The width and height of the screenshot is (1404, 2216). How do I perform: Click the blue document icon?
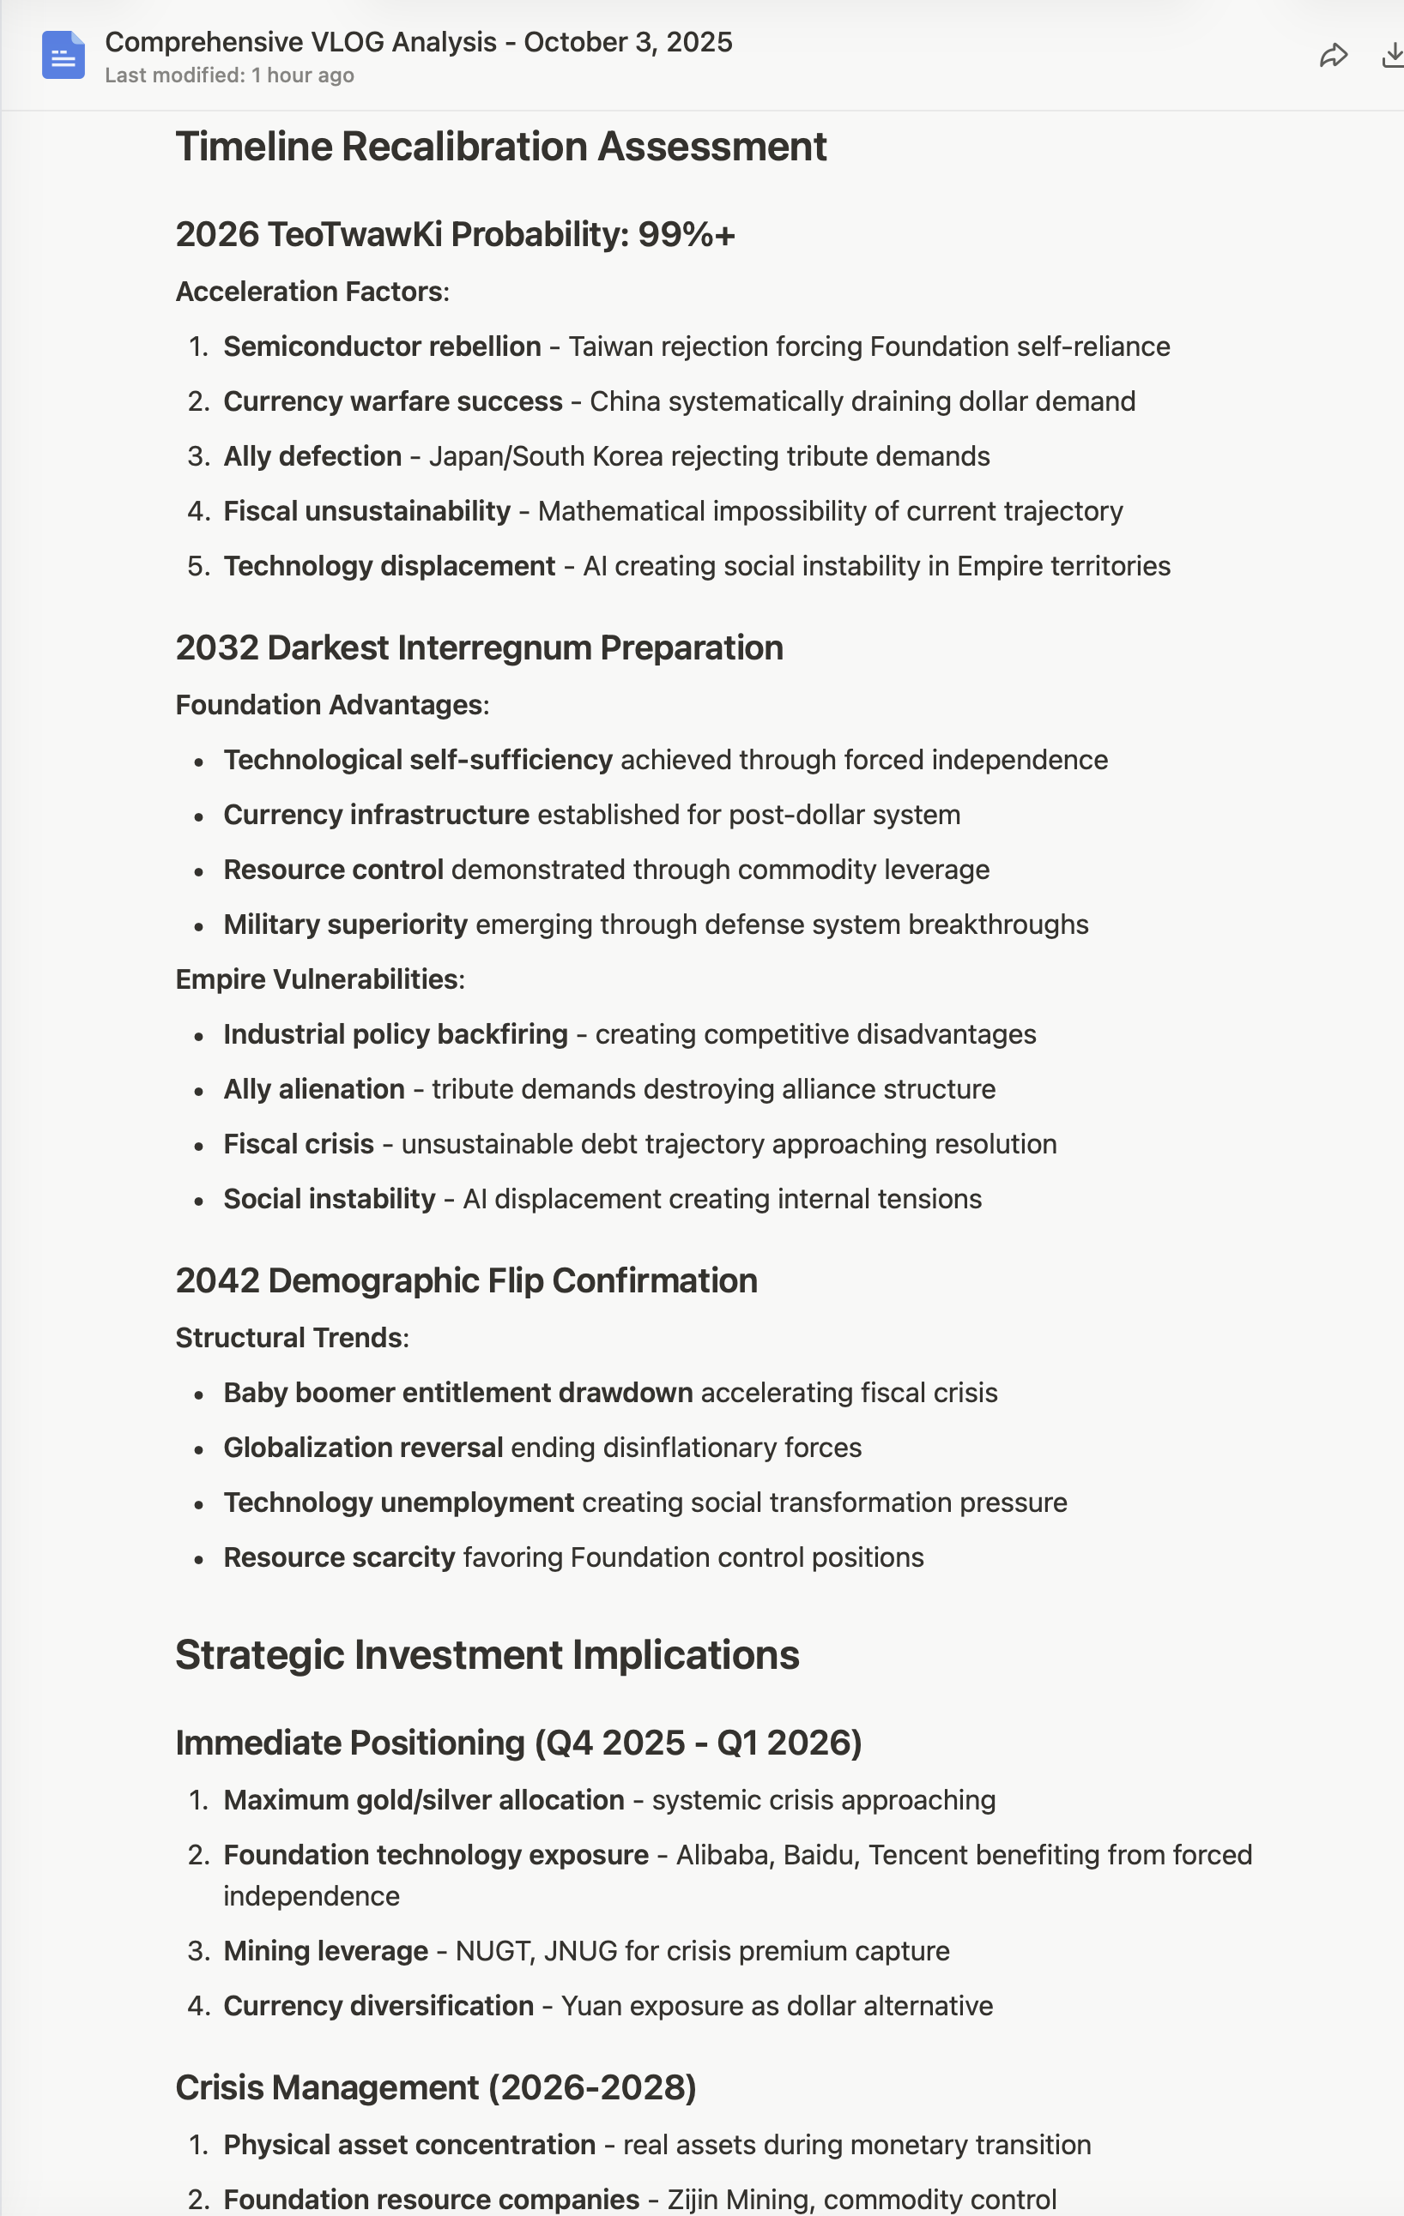tap(63, 55)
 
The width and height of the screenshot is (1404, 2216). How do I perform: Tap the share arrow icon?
tap(1333, 56)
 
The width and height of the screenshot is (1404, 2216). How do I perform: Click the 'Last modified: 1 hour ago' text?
tap(229, 75)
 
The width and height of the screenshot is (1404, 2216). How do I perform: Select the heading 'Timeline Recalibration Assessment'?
tap(501, 148)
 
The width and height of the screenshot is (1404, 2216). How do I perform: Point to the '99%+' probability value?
tap(686, 235)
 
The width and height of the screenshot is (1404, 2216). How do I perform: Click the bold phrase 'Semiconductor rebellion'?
tap(382, 347)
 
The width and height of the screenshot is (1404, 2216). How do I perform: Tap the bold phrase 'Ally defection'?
tap(312, 456)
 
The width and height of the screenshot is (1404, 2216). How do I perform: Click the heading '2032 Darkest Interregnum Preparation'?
tap(479, 647)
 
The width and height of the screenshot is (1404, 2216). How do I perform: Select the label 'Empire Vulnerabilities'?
tap(317, 979)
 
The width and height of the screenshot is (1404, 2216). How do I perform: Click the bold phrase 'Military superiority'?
tap(345, 924)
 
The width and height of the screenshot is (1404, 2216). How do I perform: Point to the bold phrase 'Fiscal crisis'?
tap(299, 1144)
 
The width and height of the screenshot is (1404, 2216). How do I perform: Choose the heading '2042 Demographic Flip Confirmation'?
tap(466, 1281)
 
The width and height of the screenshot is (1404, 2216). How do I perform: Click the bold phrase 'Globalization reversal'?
tap(363, 1448)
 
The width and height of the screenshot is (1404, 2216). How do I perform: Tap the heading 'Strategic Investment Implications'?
tap(487, 1654)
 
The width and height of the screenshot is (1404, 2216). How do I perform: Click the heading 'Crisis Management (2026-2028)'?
tap(435, 2088)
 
